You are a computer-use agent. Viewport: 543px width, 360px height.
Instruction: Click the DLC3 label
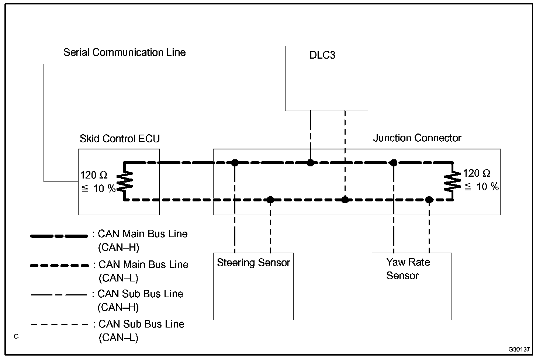322,56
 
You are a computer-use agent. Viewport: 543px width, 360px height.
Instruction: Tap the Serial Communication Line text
124,52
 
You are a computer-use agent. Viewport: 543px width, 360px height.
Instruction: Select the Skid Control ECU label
120,139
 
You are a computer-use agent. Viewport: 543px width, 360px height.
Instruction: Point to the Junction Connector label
417,138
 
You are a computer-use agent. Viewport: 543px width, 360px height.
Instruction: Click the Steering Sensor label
253,263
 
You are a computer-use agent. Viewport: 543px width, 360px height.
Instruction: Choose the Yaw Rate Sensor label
408,269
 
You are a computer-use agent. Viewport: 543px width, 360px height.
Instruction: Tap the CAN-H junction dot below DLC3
311,163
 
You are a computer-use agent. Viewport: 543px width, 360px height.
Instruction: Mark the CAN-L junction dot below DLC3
345,200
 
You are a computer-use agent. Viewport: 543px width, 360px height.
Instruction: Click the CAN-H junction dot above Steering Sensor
235,163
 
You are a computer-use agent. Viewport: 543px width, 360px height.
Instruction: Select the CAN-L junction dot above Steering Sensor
270,200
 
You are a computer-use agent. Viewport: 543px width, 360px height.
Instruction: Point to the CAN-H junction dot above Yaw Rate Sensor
394,163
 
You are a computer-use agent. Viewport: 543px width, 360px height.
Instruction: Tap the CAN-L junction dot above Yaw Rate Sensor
429,200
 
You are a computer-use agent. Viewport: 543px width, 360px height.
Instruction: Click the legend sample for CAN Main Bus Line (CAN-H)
59,236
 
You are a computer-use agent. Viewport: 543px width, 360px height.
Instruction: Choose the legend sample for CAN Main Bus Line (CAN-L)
59,266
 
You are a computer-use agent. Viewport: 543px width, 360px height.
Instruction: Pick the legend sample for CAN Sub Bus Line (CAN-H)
59,295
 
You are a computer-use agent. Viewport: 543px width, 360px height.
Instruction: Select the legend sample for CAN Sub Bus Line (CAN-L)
59,325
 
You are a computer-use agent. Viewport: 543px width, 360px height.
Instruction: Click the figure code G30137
519,349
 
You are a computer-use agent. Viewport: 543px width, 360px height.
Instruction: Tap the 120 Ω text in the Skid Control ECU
94,175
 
